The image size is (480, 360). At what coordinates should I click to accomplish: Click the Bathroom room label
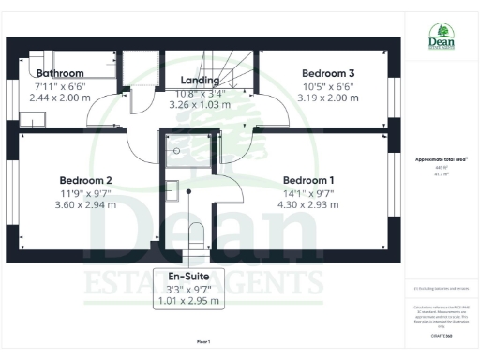(x=60, y=73)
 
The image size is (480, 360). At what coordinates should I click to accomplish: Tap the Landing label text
(x=200, y=81)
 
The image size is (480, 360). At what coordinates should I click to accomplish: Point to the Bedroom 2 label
(x=86, y=180)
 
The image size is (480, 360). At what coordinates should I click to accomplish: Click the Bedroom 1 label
(x=308, y=180)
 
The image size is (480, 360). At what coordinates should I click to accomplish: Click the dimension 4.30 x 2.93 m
(x=308, y=204)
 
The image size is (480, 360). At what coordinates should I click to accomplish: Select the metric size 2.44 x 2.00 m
(x=60, y=97)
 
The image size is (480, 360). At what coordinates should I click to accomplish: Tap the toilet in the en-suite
(x=195, y=235)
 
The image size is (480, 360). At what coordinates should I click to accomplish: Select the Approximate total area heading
(x=441, y=159)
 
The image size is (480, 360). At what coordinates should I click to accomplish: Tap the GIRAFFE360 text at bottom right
(x=441, y=334)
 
